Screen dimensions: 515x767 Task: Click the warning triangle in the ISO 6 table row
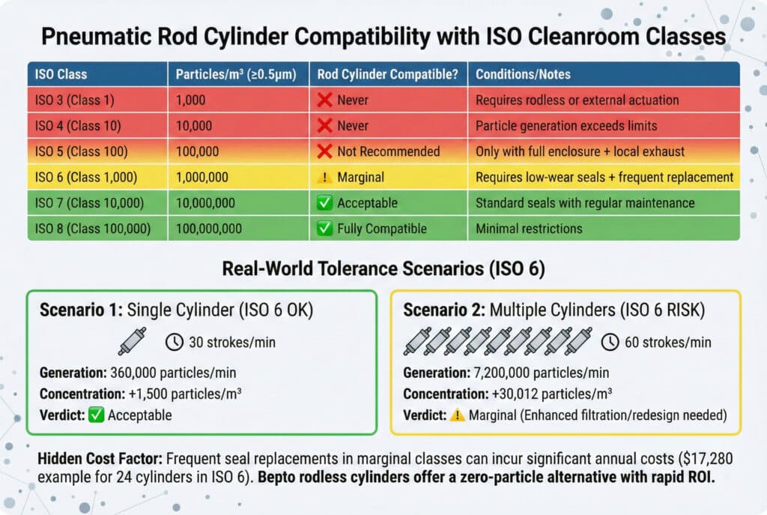[324, 177]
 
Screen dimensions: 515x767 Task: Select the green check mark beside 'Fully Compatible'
[324, 229]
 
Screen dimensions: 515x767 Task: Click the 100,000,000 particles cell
[213, 229]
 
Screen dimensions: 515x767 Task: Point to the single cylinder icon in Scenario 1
[130, 342]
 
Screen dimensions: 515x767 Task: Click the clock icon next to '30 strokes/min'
[174, 343]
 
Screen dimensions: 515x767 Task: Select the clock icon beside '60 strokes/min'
[610, 342]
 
